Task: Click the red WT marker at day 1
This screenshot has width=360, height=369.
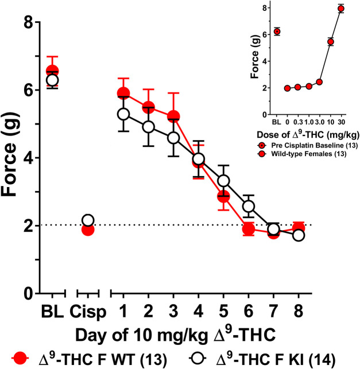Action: point(123,94)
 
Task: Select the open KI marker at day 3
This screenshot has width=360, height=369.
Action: point(173,138)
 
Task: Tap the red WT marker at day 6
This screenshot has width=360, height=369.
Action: point(249,230)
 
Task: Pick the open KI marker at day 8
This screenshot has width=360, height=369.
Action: point(299,235)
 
